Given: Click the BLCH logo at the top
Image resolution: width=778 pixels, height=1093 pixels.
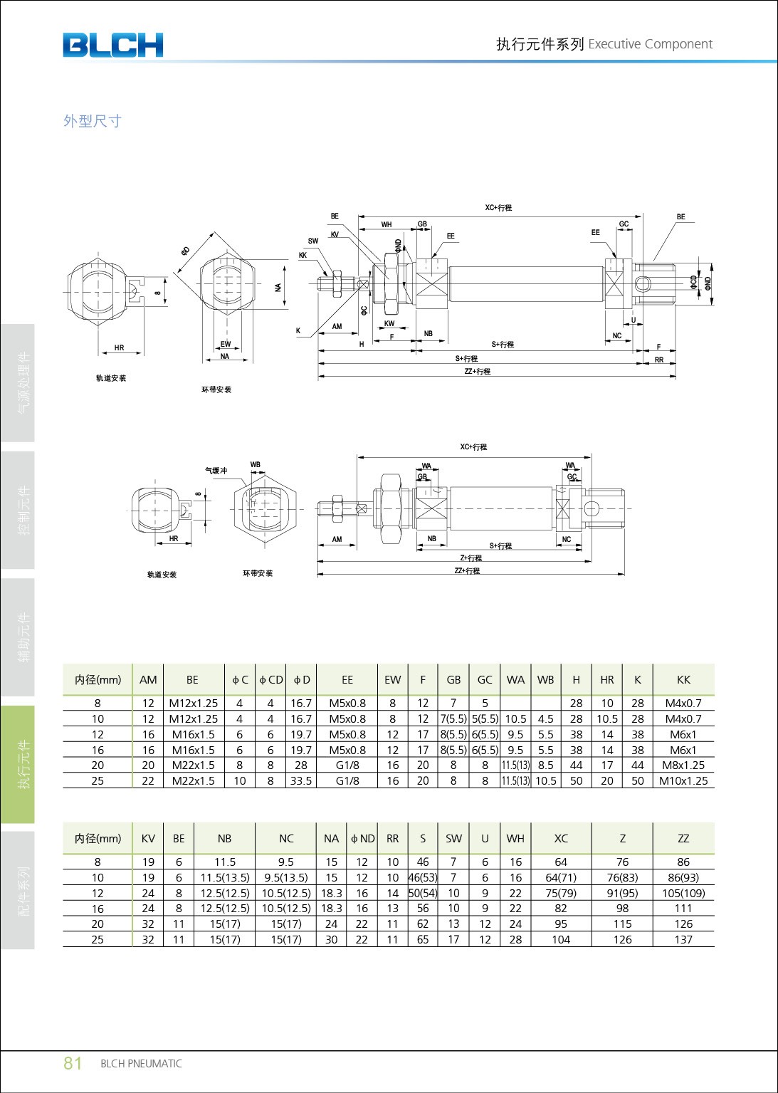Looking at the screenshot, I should [112, 45].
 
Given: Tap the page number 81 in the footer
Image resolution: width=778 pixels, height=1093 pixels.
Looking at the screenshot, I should [73, 1063].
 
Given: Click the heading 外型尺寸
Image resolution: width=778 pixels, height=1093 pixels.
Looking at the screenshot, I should [93, 121].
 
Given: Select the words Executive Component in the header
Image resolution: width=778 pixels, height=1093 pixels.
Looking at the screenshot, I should [650, 44].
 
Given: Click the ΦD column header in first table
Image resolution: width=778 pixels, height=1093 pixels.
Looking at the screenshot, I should [301, 679].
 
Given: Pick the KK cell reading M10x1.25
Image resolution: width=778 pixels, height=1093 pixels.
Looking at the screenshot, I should [683, 780].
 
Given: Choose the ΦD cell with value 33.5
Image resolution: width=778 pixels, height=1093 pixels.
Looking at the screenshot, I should [301, 780].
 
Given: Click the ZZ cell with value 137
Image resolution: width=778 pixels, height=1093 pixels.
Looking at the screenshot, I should [683, 939].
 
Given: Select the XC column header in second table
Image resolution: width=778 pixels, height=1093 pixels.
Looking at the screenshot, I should [561, 838].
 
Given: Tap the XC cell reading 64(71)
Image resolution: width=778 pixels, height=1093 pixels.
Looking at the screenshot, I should [561, 877].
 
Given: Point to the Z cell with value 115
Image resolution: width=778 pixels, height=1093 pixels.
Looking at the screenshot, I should [622, 924].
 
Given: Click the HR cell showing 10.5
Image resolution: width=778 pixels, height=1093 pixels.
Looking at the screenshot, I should [606, 719].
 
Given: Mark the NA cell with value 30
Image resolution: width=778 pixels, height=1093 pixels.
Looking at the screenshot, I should [331, 939].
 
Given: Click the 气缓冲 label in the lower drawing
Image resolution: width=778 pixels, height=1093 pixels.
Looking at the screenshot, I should [216, 471].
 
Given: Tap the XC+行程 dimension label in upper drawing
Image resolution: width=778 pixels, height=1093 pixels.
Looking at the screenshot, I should [498, 208].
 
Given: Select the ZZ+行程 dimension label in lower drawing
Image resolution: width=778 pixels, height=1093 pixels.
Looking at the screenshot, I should [467, 570].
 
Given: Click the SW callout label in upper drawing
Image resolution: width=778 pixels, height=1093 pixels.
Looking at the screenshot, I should [313, 241].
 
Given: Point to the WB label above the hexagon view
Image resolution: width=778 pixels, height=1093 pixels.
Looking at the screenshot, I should [255, 465].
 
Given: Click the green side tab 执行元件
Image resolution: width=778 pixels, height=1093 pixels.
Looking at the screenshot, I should [24, 764].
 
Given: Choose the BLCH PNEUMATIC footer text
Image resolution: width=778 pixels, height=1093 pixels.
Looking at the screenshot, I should [141, 1064].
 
